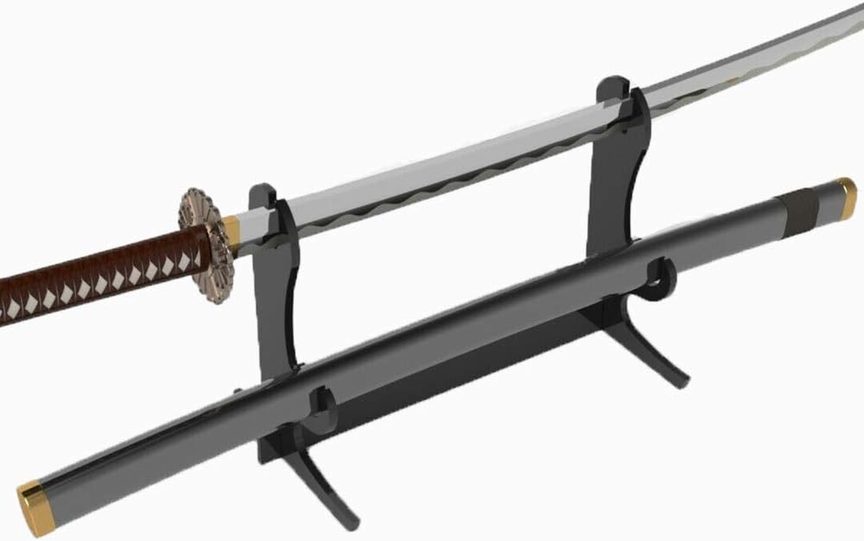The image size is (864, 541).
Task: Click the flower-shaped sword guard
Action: click(206, 245)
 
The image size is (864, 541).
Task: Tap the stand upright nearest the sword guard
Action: click(275, 291)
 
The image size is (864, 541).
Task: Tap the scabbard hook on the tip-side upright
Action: click(662, 279)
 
